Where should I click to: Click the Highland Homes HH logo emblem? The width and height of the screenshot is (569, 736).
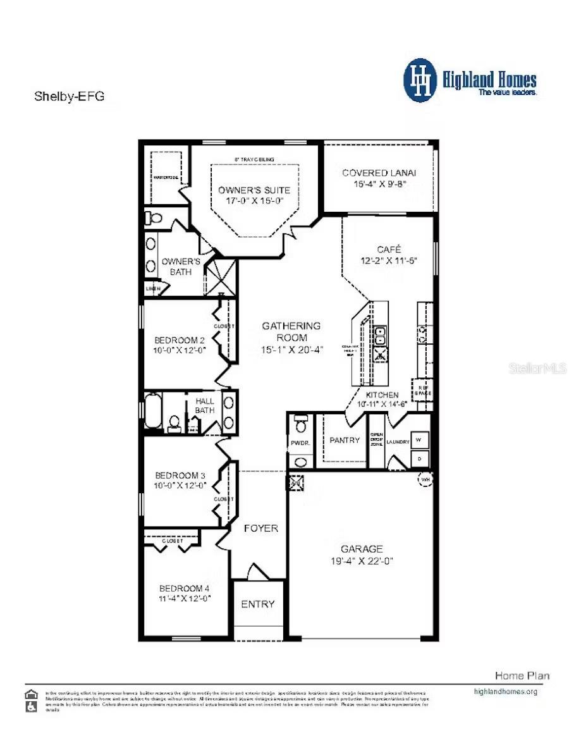[x=420, y=80]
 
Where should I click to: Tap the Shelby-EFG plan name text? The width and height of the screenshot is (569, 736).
[x=68, y=97]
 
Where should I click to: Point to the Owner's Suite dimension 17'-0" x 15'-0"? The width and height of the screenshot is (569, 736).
[x=254, y=200]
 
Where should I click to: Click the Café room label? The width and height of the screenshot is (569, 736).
[x=389, y=249]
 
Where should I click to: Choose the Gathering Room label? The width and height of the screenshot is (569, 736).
[x=291, y=331]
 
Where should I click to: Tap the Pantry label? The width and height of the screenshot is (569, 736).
[x=345, y=440]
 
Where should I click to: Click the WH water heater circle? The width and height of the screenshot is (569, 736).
[x=424, y=480]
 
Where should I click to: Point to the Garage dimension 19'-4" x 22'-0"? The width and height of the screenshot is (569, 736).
[x=362, y=561]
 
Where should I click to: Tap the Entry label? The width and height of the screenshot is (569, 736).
[x=258, y=604]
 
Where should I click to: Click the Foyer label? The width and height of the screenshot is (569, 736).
[x=260, y=528]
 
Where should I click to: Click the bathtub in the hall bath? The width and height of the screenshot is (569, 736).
[x=152, y=411]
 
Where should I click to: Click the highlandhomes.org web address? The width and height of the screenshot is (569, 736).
[x=505, y=691]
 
